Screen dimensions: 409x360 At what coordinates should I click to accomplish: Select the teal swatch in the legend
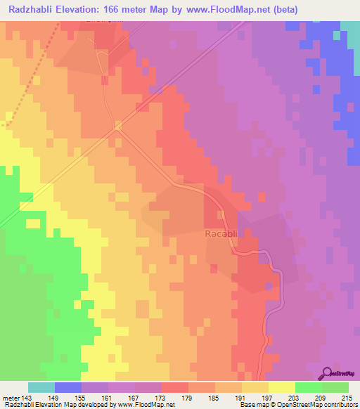coord(41,387)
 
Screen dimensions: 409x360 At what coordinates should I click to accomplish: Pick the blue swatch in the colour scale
coord(68,387)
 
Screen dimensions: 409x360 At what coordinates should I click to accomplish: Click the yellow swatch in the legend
coord(282,387)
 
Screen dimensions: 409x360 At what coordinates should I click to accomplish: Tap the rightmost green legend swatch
coord(335,387)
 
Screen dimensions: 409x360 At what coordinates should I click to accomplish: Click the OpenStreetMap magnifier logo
coord(326,373)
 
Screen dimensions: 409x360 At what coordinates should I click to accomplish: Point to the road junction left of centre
coord(117,126)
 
